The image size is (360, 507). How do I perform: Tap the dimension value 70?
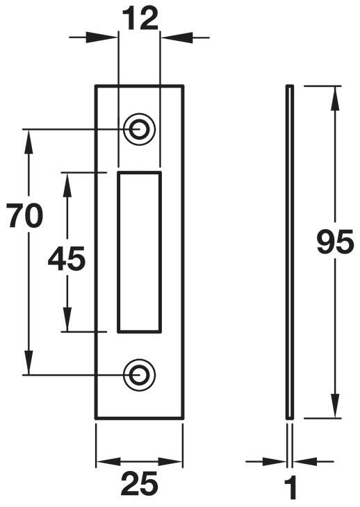[24, 216]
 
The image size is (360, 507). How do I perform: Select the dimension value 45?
[67, 258]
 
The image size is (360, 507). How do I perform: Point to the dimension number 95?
[334, 242]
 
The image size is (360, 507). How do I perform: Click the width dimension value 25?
[140, 483]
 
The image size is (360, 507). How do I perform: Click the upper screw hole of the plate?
[140, 129]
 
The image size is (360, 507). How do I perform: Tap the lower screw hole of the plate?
[140, 375]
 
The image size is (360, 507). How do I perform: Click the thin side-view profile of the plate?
[290, 252]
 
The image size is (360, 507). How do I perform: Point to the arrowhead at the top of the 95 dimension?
[335, 99]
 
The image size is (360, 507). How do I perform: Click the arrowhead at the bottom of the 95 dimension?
[335, 405]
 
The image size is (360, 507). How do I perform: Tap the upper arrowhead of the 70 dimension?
[28, 142]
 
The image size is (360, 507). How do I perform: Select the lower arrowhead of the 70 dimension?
[28, 362]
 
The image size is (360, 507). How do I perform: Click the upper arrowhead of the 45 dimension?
[67, 185]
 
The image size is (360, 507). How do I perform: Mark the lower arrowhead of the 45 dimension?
[67, 319]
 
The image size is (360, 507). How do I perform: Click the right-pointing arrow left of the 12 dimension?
[93, 38]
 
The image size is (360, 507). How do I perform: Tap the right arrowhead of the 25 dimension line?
[170, 461]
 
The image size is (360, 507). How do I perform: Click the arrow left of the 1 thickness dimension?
[266, 461]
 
